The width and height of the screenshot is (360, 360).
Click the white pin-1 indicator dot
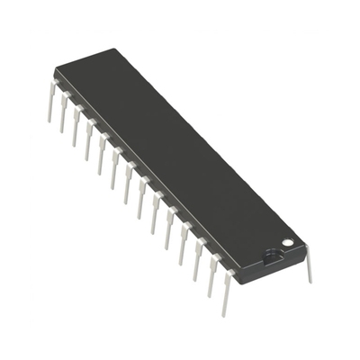(287, 242)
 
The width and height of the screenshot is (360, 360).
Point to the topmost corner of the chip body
(114, 49)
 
